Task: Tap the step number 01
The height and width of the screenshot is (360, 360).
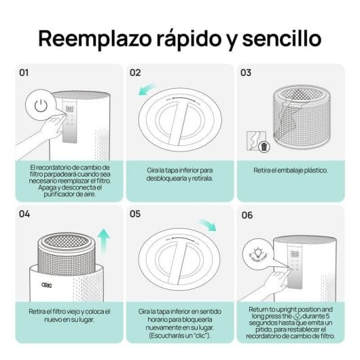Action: click(24, 73)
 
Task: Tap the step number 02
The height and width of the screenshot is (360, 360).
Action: click(135, 73)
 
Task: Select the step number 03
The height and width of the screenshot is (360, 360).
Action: click(246, 73)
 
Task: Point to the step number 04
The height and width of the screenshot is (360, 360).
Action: click(24, 214)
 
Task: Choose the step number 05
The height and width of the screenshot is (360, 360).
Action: click(135, 214)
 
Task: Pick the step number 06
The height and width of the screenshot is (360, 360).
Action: click(247, 214)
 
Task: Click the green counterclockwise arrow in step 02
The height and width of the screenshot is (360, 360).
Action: click(145, 90)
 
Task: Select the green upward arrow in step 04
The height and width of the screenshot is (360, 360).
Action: click(103, 240)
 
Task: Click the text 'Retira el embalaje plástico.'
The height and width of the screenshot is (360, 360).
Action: click(290, 169)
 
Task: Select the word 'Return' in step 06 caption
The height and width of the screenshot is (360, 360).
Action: click(258, 309)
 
